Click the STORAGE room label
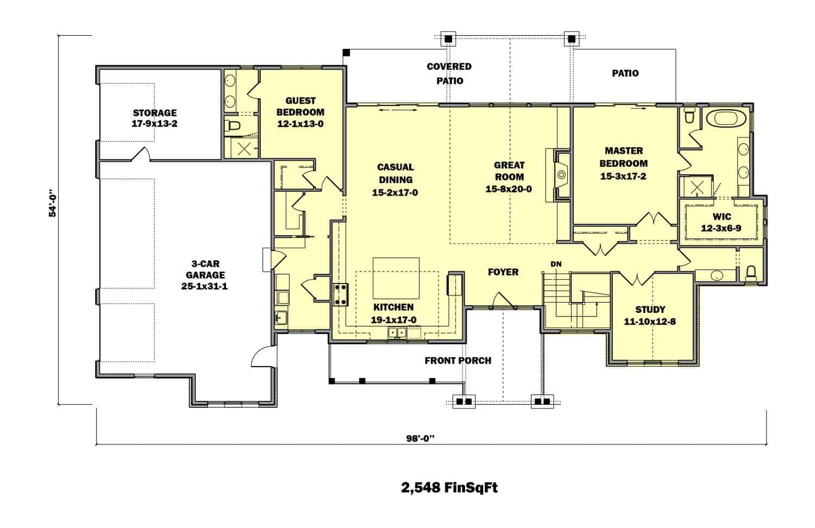click(x=155, y=113)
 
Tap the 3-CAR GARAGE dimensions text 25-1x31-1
click(x=205, y=286)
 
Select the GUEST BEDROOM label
click(x=300, y=106)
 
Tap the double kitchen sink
click(x=397, y=332)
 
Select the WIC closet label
click(x=721, y=216)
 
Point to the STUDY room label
click(x=650, y=310)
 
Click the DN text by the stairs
click(x=556, y=264)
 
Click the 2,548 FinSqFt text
click(x=449, y=487)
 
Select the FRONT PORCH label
click(x=457, y=360)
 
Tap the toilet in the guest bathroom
click(x=233, y=126)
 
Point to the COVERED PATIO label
click(x=449, y=73)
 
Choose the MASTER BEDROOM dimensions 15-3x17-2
click(x=623, y=176)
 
